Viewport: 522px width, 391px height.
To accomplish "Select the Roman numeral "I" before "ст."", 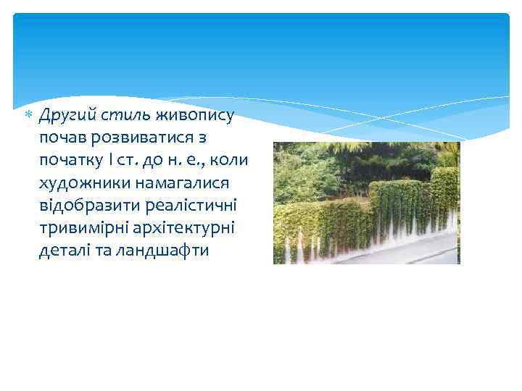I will pyautogui.click(x=111, y=160).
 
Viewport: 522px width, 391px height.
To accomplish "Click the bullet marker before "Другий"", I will pyautogui.click(x=29, y=115).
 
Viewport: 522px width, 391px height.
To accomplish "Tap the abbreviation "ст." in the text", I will pyautogui.click(x=128, y=160).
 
